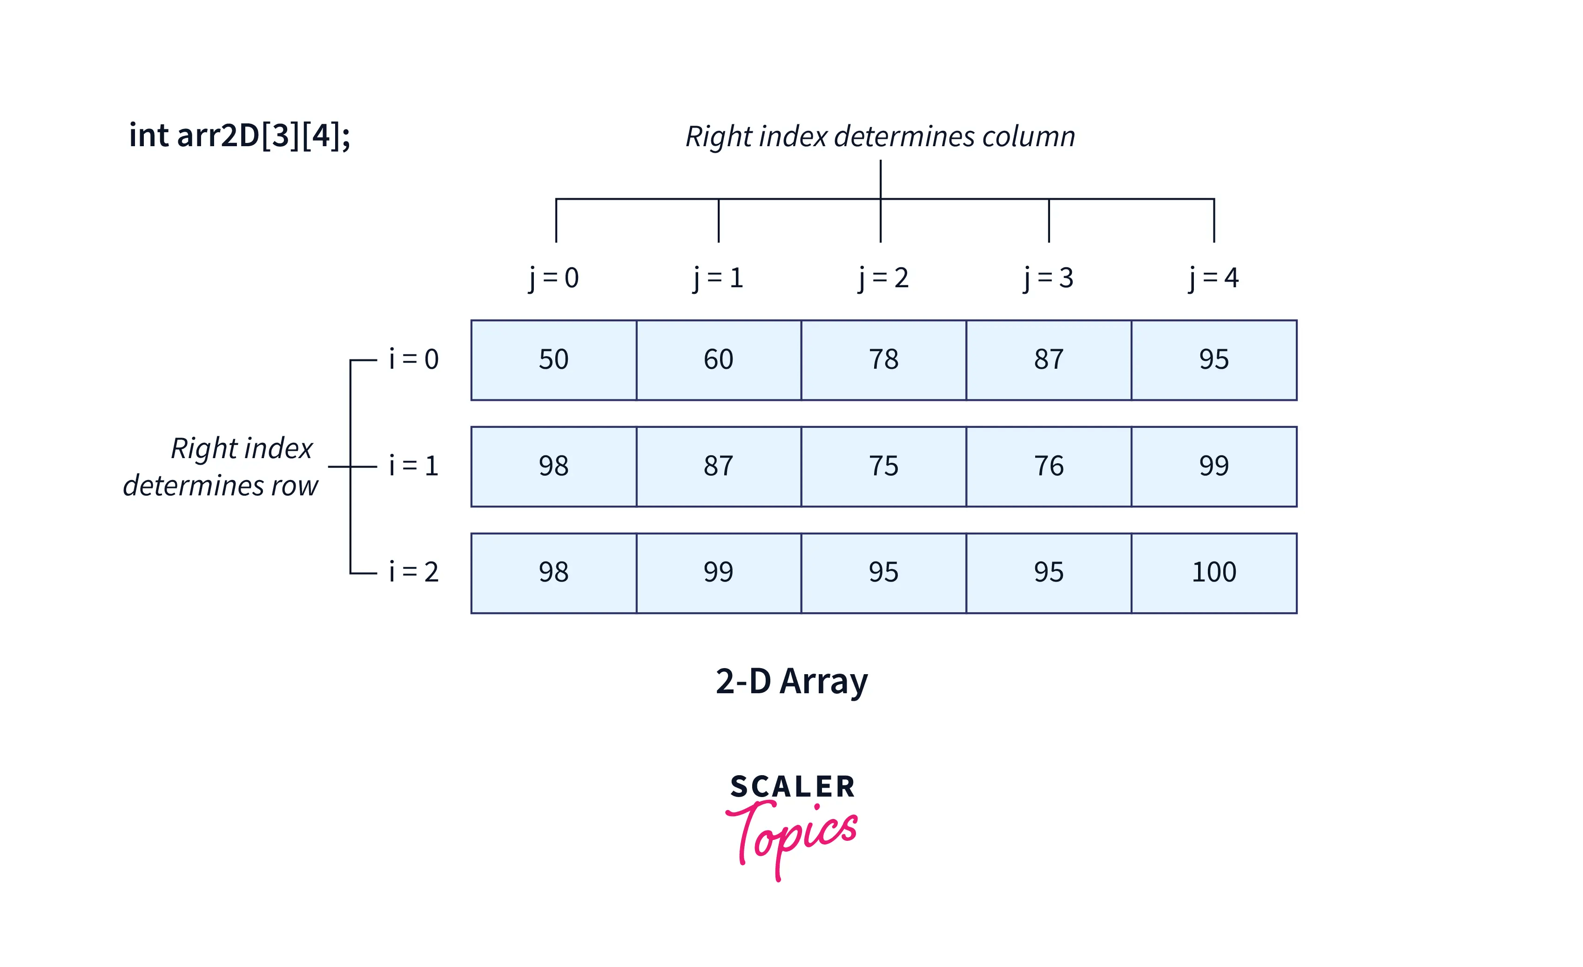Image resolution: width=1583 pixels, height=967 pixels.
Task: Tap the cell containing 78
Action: (883, 360)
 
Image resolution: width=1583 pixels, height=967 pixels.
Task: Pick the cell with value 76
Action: (1049, 466)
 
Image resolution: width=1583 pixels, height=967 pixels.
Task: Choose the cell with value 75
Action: (883, 466)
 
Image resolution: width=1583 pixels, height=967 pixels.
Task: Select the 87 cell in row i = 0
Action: (1049, 360)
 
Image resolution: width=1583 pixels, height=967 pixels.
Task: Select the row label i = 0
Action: (414, 359)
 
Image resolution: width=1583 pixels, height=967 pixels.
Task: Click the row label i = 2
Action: (414, 572)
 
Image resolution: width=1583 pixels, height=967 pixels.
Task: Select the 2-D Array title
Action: (791, 682)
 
